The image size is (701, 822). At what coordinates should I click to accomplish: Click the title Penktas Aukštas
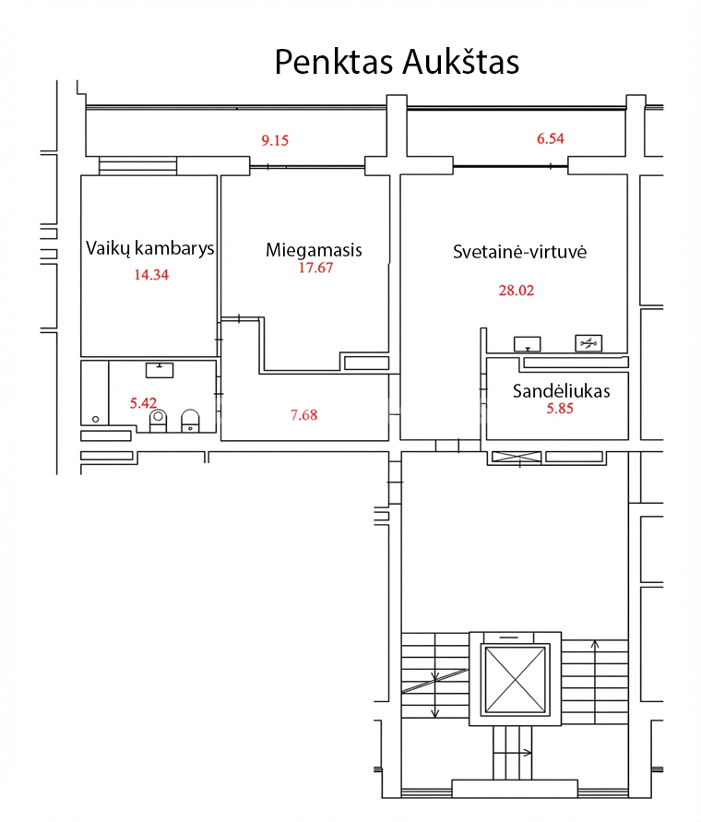point(397,62)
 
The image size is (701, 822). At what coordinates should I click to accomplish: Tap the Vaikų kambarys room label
point(150,248)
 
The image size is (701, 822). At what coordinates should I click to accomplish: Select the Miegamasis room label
point(314,250)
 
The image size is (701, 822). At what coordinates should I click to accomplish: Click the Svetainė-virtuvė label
point(519,252)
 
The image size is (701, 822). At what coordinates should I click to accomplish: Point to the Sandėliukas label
point(561,391)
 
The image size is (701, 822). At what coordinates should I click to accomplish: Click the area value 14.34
point(151,275)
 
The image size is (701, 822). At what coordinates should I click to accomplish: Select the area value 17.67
point(315,268)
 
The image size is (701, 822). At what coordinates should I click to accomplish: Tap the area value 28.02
point(517,291)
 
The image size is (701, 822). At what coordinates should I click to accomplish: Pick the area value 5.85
point(560,409)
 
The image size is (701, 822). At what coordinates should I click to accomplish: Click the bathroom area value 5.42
point(143,403)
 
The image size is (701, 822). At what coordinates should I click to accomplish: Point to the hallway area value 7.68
point(304,415)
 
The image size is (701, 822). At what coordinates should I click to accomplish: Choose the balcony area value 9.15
point(275,140)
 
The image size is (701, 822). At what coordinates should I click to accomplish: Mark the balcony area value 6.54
point(551,138)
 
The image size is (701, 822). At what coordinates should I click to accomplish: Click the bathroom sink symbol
point(160,370)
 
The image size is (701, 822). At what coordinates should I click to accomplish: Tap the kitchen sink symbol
point(527,344)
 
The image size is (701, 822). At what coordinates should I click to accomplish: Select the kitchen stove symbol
point(588,343)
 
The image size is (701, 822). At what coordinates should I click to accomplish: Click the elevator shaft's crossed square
point(515,679)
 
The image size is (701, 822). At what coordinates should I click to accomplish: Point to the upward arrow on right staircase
point(595,682)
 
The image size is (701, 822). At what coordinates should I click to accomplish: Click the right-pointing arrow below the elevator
point(513,753)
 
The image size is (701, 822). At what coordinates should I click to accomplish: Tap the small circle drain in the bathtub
point(95,420)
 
